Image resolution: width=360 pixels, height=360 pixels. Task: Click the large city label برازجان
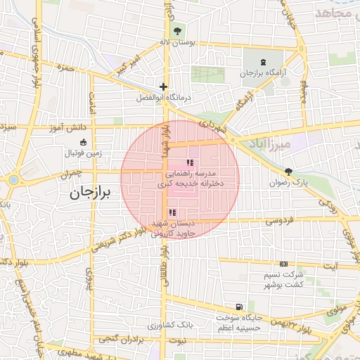[90, 194]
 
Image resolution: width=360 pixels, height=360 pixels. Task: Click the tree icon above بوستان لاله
[177, 31]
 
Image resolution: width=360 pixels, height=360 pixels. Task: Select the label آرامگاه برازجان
[262, 73]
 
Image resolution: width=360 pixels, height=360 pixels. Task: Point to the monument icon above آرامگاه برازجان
[262, 62]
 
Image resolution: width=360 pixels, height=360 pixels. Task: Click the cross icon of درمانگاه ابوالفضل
[163, 86]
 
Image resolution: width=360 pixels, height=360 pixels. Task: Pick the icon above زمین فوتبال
[83, 142]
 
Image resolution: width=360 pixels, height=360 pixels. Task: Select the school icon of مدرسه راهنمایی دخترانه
[188, 163]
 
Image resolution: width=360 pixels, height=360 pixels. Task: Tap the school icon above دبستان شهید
[172, 212]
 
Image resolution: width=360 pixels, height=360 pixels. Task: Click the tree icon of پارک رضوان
[288, 172]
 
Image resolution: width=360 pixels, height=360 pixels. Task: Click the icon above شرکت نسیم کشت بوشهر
[283, 264]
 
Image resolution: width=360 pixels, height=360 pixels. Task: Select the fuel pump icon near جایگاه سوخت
[240, 307]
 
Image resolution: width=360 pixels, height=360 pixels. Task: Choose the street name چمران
[72, 172]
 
